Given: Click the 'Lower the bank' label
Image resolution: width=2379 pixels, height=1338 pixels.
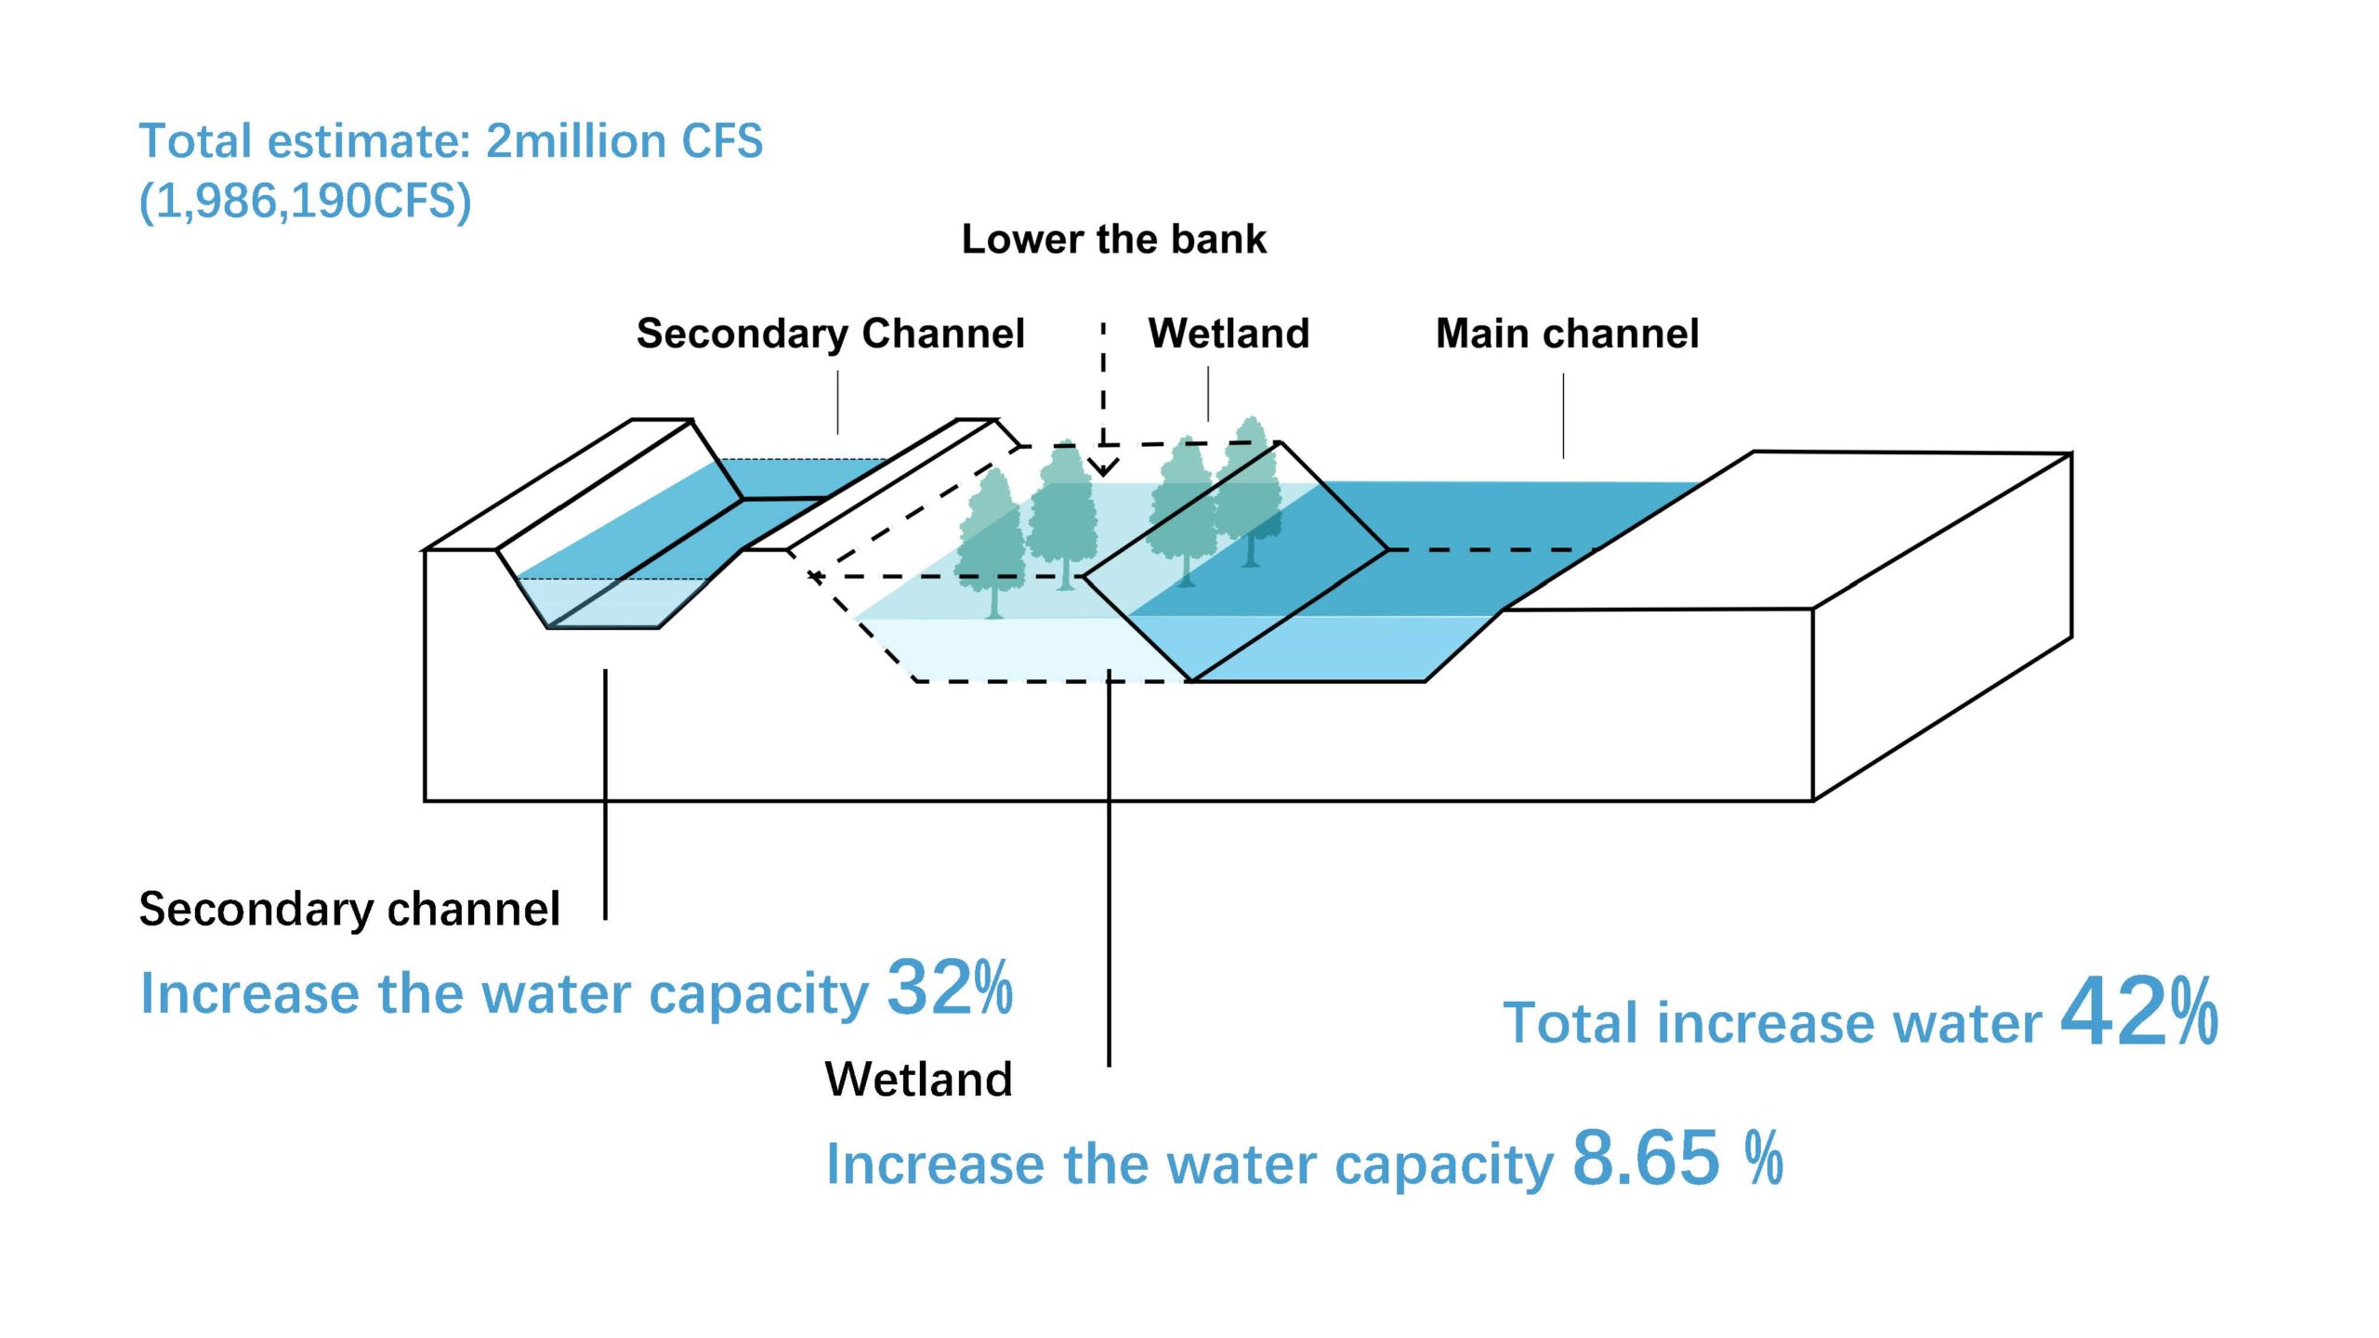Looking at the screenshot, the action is pos(1113,239).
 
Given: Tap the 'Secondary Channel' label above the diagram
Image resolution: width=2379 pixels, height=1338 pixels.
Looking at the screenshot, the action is pos(830,333).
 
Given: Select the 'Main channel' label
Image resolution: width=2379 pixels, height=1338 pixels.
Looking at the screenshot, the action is pos(1567,333).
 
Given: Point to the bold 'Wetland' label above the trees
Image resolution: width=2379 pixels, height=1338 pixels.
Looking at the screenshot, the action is pos(1229,333).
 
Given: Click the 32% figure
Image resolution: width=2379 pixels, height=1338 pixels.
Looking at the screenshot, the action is pos(950,987).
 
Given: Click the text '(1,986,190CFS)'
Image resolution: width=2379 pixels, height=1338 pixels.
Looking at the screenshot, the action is pos(305,201).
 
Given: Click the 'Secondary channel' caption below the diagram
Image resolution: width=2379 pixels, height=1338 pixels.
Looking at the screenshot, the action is pos(349,909).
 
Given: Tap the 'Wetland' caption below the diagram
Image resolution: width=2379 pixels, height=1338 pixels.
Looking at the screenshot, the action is pos(918,1080).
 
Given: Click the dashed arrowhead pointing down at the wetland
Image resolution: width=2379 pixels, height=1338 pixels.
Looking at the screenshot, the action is pos(1103,466).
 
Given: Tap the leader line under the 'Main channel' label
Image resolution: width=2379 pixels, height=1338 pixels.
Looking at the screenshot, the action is pos(1563,415).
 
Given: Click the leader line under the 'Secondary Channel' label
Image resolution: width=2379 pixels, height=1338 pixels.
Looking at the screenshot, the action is pos(837,402).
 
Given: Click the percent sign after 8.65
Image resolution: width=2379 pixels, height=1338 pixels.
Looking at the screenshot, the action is pos(1764,1158).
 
